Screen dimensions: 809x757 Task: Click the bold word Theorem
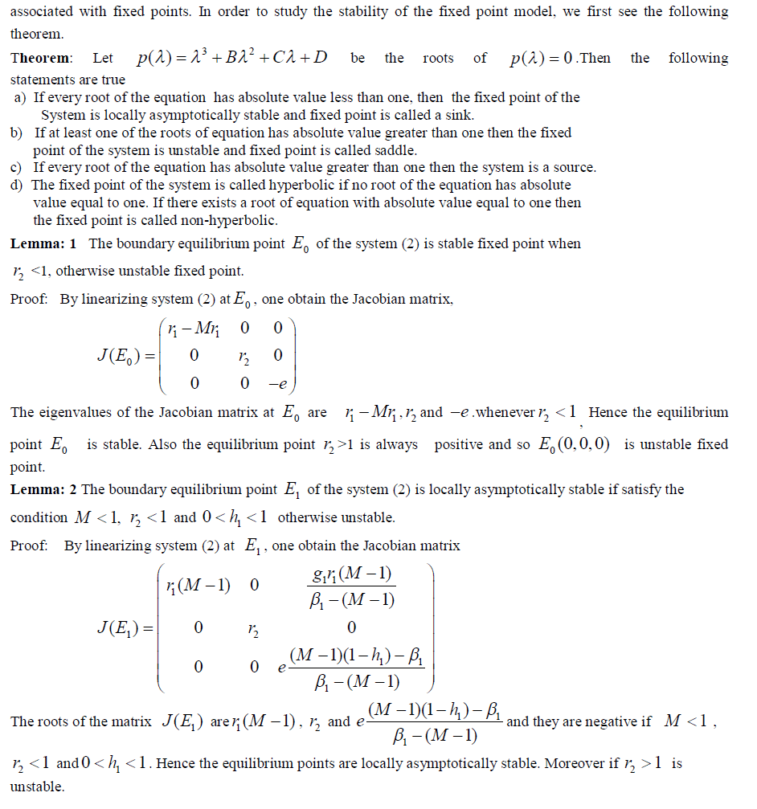coord(40,59)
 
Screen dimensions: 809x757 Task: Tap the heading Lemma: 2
coord(44,489)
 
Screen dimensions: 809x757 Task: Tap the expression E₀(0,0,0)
coord(575,444)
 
